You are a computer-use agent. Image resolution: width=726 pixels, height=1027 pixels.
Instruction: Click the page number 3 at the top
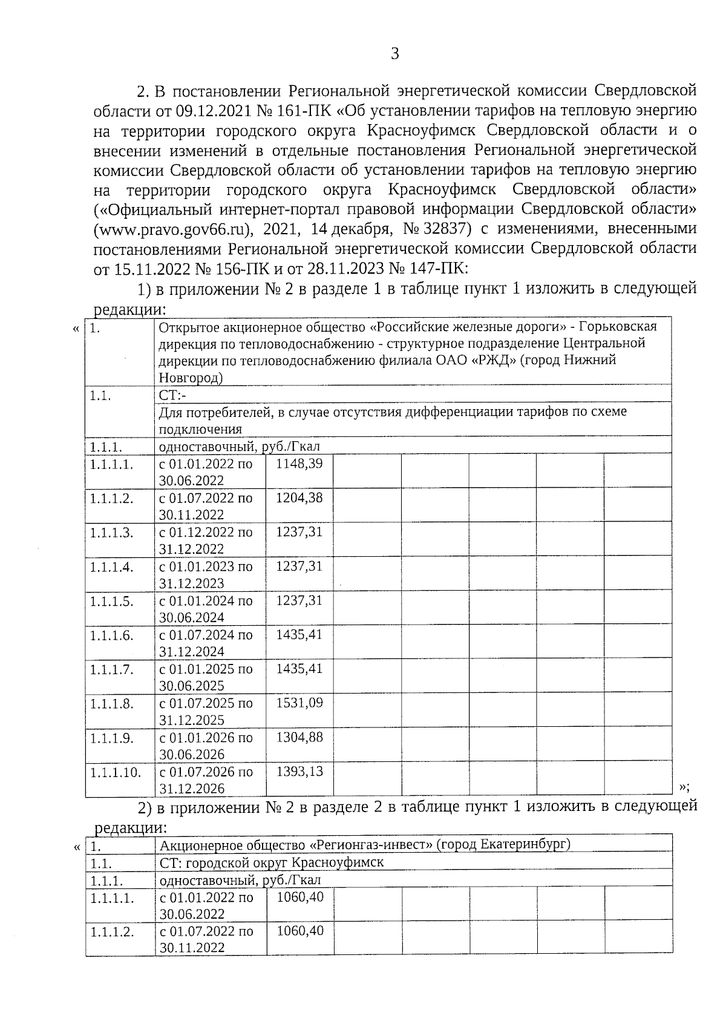pos(394,54)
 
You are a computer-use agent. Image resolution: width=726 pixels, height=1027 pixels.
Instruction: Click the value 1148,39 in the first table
pos(299,464)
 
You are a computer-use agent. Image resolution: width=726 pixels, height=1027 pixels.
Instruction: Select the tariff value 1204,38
pos(299,498)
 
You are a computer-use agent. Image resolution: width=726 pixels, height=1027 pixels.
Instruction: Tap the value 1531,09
pos(299,703)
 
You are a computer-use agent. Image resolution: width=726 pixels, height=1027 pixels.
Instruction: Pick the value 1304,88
pos(299,738)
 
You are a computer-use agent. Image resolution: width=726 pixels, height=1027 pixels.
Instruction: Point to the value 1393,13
pos(299,772)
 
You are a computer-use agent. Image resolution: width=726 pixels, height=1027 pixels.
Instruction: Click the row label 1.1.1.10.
pos(116,773)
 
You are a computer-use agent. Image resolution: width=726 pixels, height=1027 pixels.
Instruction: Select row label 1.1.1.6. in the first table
pos(112,636)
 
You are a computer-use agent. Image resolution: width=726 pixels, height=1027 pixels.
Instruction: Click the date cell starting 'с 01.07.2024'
pos(206,643)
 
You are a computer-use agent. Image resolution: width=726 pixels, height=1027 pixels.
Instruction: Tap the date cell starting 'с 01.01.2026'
pos(206,746)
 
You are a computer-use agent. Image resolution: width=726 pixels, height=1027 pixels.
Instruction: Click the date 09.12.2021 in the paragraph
pos(213,111)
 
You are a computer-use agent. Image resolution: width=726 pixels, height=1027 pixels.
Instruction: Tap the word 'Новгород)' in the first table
pos(191,378)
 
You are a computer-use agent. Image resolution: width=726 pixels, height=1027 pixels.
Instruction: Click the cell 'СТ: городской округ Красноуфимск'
pos(272,862)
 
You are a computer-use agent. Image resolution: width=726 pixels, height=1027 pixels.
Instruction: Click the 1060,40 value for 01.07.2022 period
pos(300,931)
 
